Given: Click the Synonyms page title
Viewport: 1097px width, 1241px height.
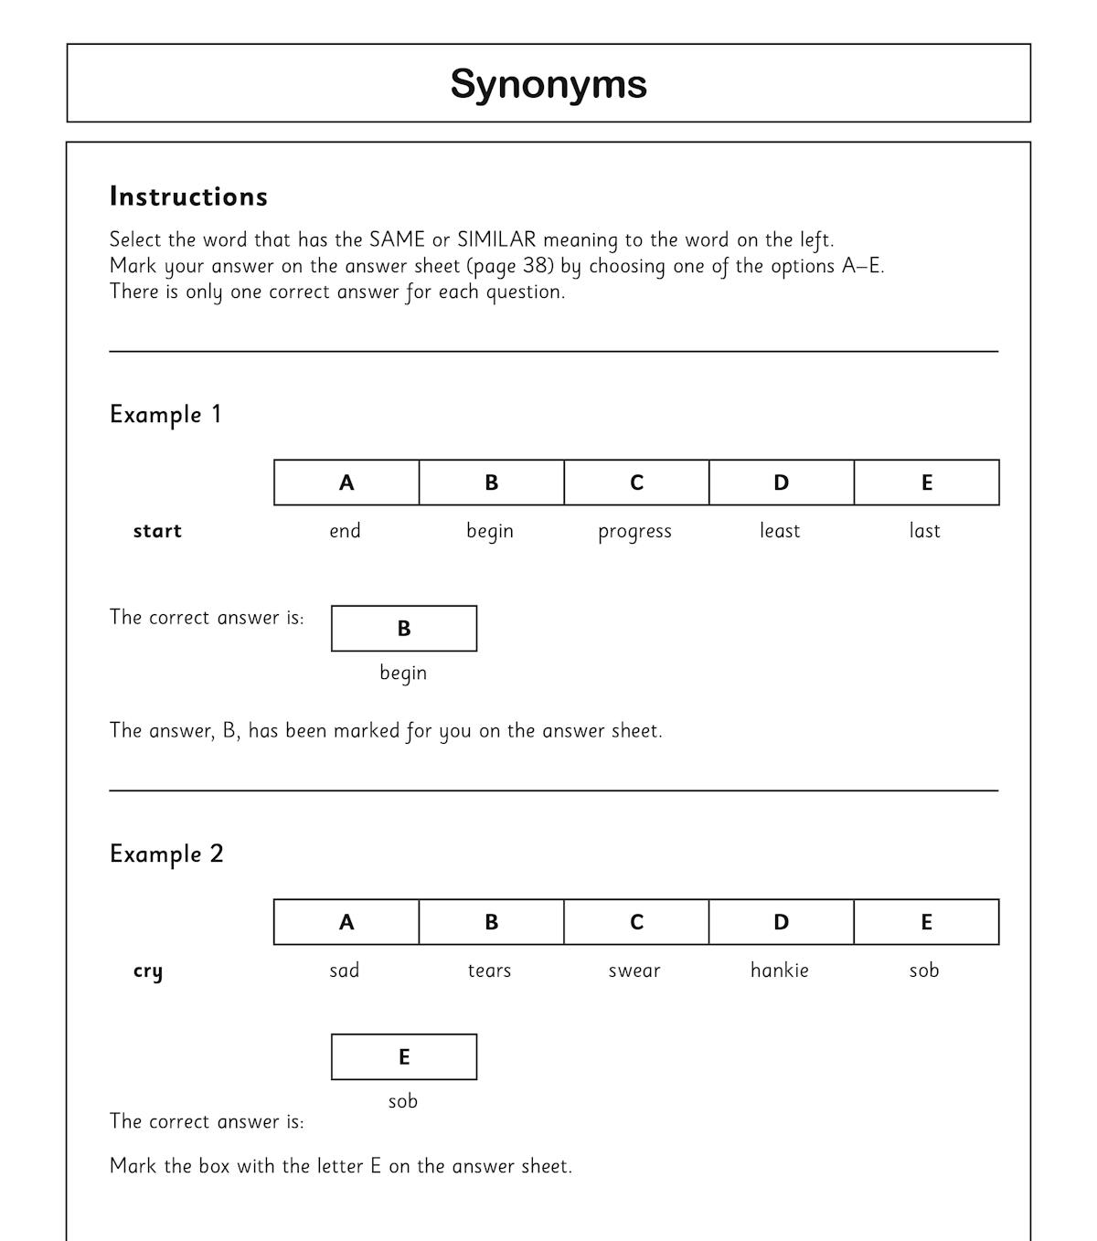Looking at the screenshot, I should [548, 84].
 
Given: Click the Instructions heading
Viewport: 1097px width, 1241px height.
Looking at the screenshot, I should [188, 196].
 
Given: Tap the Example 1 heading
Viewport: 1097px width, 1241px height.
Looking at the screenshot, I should [165, 414].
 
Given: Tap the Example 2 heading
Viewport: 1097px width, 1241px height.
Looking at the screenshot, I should [166, 854].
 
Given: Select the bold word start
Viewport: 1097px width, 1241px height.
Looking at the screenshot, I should [157, 531].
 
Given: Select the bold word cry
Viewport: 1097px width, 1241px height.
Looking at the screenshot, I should [148, 971].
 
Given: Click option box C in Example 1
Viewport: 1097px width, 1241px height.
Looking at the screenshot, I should [636, 483].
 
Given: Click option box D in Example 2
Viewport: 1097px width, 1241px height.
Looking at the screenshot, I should [781, 922].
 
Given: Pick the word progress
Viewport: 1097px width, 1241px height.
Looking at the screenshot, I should [634, 532].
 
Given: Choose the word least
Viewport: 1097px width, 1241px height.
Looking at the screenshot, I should [780, 531].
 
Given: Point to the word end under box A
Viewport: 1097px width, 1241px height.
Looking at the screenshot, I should [345, 531].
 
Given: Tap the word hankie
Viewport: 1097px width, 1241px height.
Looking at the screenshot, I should [780, 971].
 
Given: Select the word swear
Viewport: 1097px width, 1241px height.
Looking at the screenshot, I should [634, 971].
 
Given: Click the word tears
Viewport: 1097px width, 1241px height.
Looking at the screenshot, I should [489, 971].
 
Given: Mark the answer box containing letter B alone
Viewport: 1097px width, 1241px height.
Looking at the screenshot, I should [404, 629].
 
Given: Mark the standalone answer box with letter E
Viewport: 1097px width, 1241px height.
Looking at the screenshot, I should [404, 1057].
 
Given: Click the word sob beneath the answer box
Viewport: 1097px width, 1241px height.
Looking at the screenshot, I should [403, 1101].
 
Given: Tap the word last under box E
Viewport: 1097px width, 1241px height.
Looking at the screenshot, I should [924, 531].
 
